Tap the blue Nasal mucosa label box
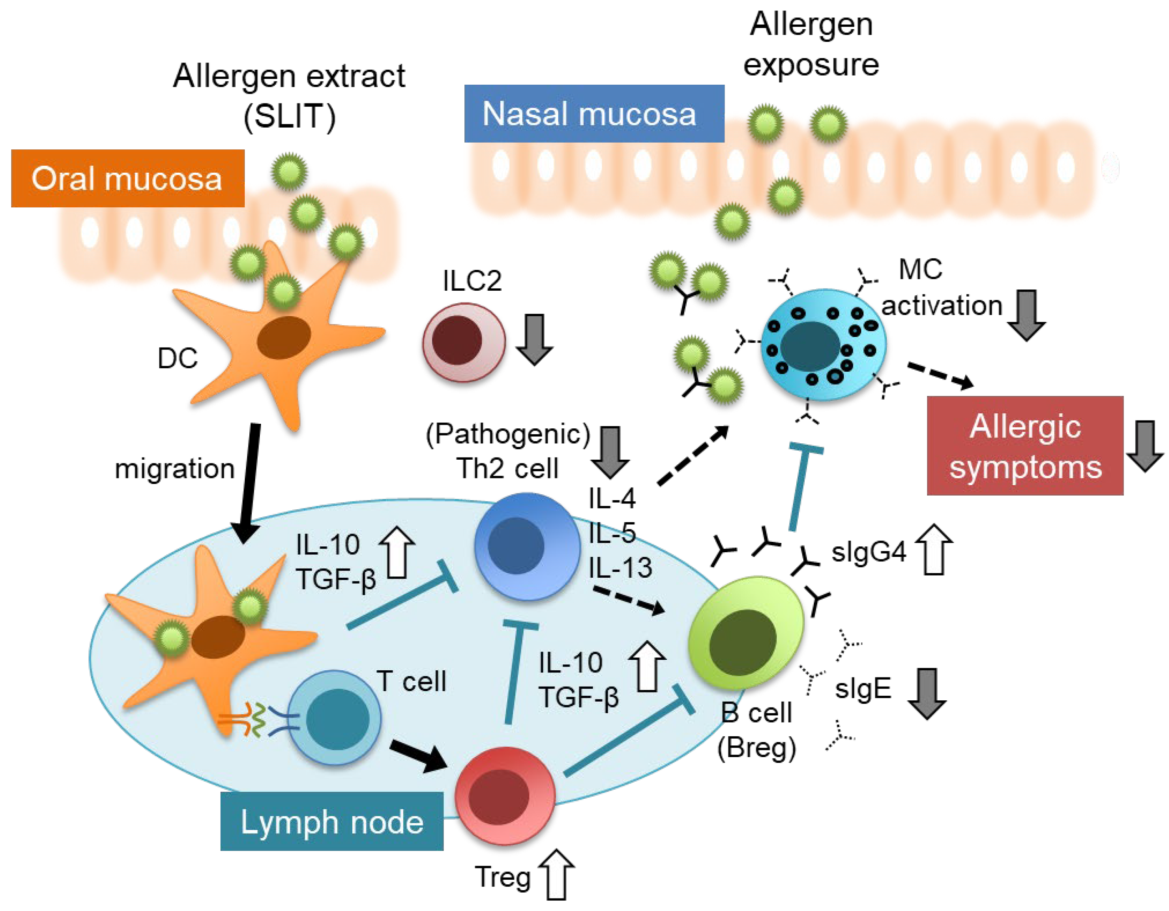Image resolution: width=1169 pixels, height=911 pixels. pyautogui.click(x=594, y=113)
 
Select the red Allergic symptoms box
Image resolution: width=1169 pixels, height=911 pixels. pyautogui.click(x=1024, y=445)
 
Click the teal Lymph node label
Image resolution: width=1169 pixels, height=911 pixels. pyautogui.click(x=331, y=821)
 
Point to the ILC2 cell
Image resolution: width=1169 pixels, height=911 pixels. pyautogui.click(x=464, y=342)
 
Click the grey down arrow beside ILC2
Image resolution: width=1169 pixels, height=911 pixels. pyautogui.click(x=534, y=340)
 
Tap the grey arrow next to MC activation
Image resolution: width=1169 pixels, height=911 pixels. pyautogui.click(x=1026, y=315)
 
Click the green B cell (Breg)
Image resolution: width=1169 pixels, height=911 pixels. pyautogui.click(x=745, y=634)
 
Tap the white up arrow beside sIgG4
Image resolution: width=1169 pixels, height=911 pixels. pyautogui.click(x=934, y=549)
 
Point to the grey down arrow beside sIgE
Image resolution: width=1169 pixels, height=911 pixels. pyautogui.click(x=926, y=693)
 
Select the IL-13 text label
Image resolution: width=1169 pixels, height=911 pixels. pyautogui.click(x=620, y=568)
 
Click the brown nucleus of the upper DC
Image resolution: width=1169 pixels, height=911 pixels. pyautogui.click(x=283, y=337)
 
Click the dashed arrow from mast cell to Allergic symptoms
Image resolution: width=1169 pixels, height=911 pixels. pyautogui.click(x=940, y=375)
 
